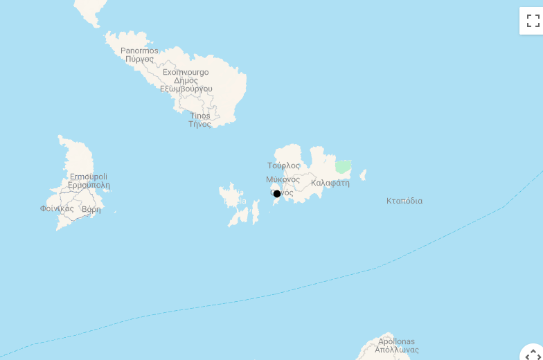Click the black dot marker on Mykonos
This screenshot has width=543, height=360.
[x=277, y=194]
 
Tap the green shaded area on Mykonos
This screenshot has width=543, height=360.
[x=343, y=166]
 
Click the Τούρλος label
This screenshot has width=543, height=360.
[x=284, y=165]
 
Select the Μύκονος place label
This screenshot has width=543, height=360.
[x=283, y=179]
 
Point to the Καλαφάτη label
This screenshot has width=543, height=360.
[x=330, y=183]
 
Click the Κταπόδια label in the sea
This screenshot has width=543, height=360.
[x=404, y=201]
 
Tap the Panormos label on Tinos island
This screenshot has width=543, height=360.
[x=139, y=51]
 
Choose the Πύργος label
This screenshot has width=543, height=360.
[x=139, y=60]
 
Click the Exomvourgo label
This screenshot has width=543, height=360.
[x=186, y=72]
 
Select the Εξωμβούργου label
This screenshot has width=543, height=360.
[x=186, y=89]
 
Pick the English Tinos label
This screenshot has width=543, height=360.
[x=199, y=116]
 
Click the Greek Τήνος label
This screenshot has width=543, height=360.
[x=199, y=125]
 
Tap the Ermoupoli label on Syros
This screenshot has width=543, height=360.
[x=89, y=177]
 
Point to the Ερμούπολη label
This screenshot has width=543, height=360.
[x=89, y=186]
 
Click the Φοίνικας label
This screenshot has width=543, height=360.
[x=57, y=208]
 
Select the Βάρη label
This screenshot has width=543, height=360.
[x=91, y=209]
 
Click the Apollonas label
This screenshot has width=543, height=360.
[x=397, y=341]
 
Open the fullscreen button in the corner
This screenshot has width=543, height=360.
[x=532, y=20]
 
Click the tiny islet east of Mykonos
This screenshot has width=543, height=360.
[x=362, y=175]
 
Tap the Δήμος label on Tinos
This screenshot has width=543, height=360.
[x=186, y=80]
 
